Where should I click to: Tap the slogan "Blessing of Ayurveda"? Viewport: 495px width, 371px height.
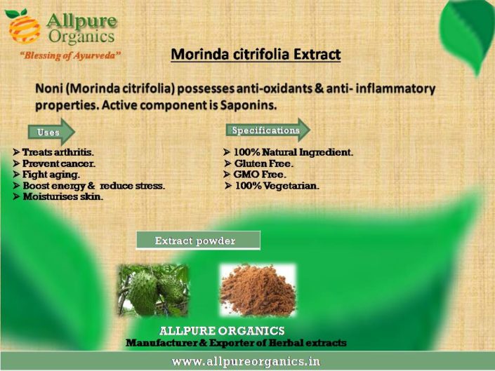click(70, 55)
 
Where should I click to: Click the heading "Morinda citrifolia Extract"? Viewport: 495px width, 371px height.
click(256, 54)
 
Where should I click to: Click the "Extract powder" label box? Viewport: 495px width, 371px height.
click(197, 241)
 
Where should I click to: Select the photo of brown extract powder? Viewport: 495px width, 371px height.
click(257, 290)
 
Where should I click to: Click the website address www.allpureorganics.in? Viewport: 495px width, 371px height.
click(246, 362)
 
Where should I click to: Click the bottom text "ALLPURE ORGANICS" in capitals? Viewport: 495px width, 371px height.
click(222, 331)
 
